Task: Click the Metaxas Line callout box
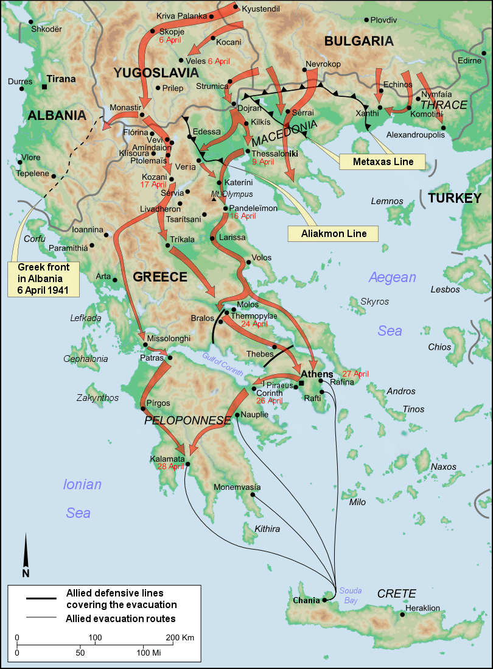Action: [x=383, y=162]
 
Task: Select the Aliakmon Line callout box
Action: [x=332, y=233]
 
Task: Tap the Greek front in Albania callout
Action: [x=44, y=279]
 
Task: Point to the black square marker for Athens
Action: [x=301, y=383]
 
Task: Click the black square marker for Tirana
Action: [x=44, y=87]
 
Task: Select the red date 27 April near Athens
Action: [x=355, y=373]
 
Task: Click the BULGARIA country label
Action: [x=358, y=41]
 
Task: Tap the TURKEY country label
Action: [x=454, y=198]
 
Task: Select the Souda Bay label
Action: [x=351, y=595]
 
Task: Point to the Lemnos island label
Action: [x=387, y=201]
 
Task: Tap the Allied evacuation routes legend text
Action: [x=121, y=618]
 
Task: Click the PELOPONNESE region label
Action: [x=187, y=420]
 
